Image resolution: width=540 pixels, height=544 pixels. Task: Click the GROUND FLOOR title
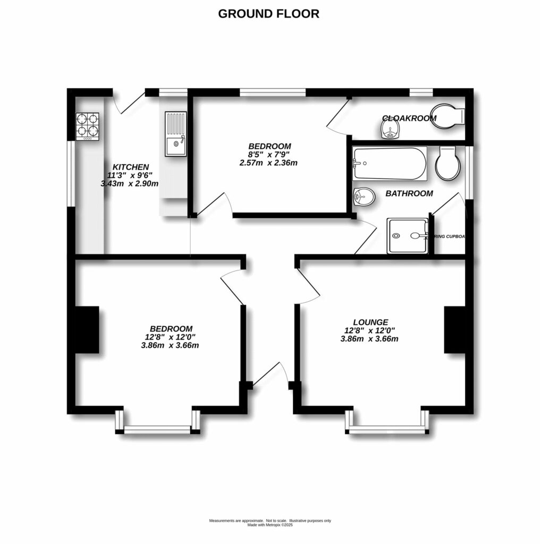point(268,14)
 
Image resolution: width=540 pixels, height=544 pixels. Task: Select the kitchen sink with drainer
point(175,134)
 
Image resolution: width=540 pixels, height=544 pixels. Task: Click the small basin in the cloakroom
point(391,129)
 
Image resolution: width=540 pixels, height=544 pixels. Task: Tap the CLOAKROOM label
point(409,118)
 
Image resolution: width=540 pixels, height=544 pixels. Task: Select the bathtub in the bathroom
point(390,163)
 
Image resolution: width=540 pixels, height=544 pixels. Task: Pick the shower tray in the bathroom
point(407,235)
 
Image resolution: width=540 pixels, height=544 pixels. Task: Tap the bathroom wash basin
point(363,197)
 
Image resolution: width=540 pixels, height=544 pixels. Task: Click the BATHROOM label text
point(409,194)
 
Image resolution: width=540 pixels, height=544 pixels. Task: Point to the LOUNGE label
point(370,322)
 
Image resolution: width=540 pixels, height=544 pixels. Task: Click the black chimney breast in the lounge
point(455,329)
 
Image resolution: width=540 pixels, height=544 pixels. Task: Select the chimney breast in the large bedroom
point(87,329)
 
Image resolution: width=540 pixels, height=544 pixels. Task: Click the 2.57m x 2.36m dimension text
point(268,163)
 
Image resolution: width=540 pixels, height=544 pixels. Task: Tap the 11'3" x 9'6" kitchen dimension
point(129,175)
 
